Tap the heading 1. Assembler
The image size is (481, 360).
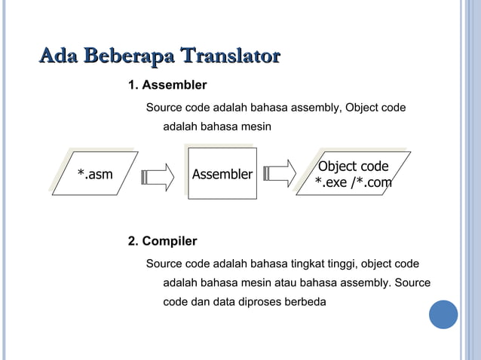(167, 84)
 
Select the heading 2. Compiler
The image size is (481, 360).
(162, 241)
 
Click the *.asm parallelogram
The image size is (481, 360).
(95, 175)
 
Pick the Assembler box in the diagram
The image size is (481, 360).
(222, 175)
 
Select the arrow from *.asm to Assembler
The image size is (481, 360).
(159, 175)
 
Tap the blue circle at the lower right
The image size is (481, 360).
(443, 314)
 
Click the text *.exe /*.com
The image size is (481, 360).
(353, 182)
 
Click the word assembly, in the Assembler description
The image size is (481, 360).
(317, 108)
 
